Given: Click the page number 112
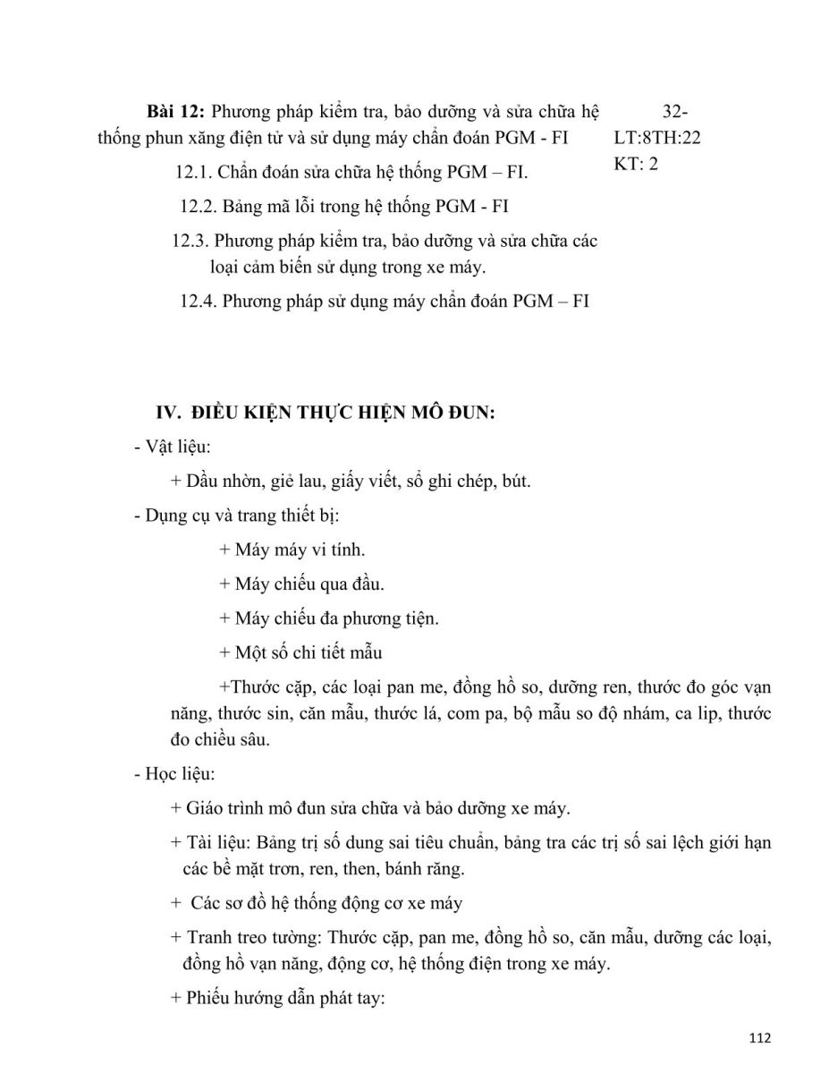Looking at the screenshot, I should [x=758, y=1038].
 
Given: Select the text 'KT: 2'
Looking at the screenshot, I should [x=636, y=165].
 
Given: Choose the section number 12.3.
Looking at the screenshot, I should [x=190, y=241].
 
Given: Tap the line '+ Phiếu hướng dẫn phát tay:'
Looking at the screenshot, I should [x=276, y=997].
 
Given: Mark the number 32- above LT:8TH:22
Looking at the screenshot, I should [x=675, y=112].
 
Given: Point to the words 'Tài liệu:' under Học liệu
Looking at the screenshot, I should [x=221, y=843].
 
